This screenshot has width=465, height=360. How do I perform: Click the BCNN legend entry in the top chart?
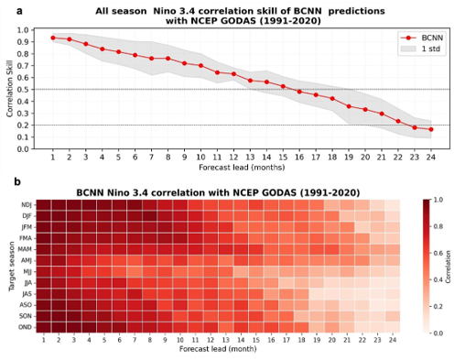[x=423, y=38]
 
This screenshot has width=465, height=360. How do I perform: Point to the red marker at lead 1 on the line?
[x=53, y=38]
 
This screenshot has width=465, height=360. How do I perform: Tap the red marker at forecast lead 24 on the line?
[x=431, y=129]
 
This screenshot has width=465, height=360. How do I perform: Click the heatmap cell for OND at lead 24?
[x=393, y=326]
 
